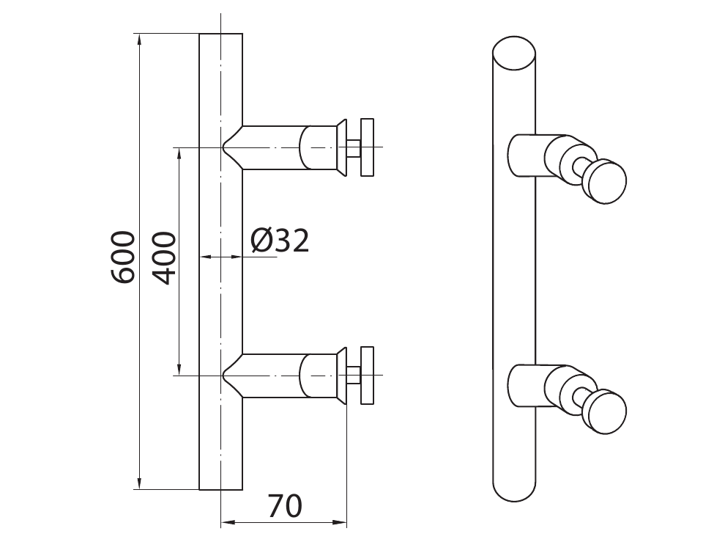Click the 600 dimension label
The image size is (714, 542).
pos(123,257)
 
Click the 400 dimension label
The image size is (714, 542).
pos(164,258)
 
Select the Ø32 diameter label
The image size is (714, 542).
pos(280,241)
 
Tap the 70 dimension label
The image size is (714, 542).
pos(285,506)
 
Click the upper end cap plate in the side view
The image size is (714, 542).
pos(367,147)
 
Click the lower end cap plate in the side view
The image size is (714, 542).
pos(367,376)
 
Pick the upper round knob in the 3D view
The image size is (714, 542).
pos(605,180)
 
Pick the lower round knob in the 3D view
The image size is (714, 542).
pos(605,411)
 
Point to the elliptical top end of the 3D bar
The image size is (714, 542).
pos(514,53)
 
